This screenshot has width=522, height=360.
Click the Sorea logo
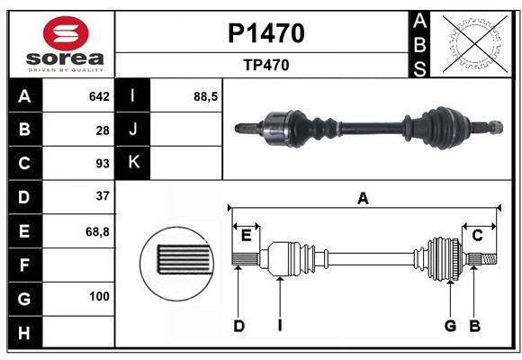[66, 44]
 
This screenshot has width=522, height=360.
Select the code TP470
[265, 65]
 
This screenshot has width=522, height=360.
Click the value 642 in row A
[99, 96]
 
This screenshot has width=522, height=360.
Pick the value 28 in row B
[103, 130]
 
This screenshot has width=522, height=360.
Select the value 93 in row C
[103, 164]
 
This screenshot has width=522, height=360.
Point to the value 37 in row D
[103, 196]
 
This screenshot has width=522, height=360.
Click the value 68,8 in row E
[97, 231]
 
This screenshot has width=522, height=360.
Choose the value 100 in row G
[99, 296]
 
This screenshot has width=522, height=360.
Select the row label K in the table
[133, 163]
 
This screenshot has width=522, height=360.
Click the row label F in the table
[24, 265]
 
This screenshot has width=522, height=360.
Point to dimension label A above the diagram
[363, 199]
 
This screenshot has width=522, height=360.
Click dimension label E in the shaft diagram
[246, 236]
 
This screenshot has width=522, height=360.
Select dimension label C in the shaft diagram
[477, 236]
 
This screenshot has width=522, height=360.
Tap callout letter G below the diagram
[449, 326]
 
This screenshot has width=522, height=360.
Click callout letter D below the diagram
[238, 326]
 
